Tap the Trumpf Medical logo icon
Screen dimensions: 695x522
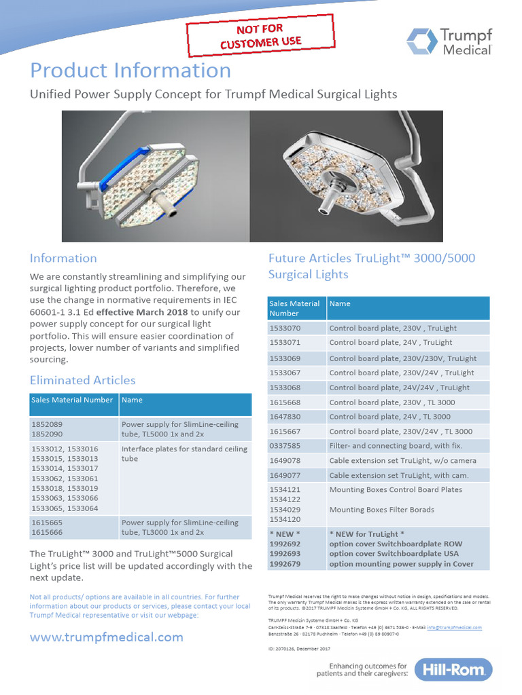(421, 41)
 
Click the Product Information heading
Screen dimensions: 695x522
(130, 71)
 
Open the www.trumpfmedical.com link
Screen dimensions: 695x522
(107, 637)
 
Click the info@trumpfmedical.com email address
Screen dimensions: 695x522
(454, 628)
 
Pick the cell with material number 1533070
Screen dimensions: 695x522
(285, 328)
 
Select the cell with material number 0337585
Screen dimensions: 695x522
(285, 446)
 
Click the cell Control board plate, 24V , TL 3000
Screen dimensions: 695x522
(390, 417)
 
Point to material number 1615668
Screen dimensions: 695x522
(285, 402)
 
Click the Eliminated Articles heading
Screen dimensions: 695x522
(82, 380)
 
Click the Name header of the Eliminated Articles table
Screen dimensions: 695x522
(132, 400)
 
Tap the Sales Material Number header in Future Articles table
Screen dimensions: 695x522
(294, 308)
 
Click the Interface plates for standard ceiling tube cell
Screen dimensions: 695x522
(184, 453)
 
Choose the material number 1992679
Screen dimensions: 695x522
(285, 563)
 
